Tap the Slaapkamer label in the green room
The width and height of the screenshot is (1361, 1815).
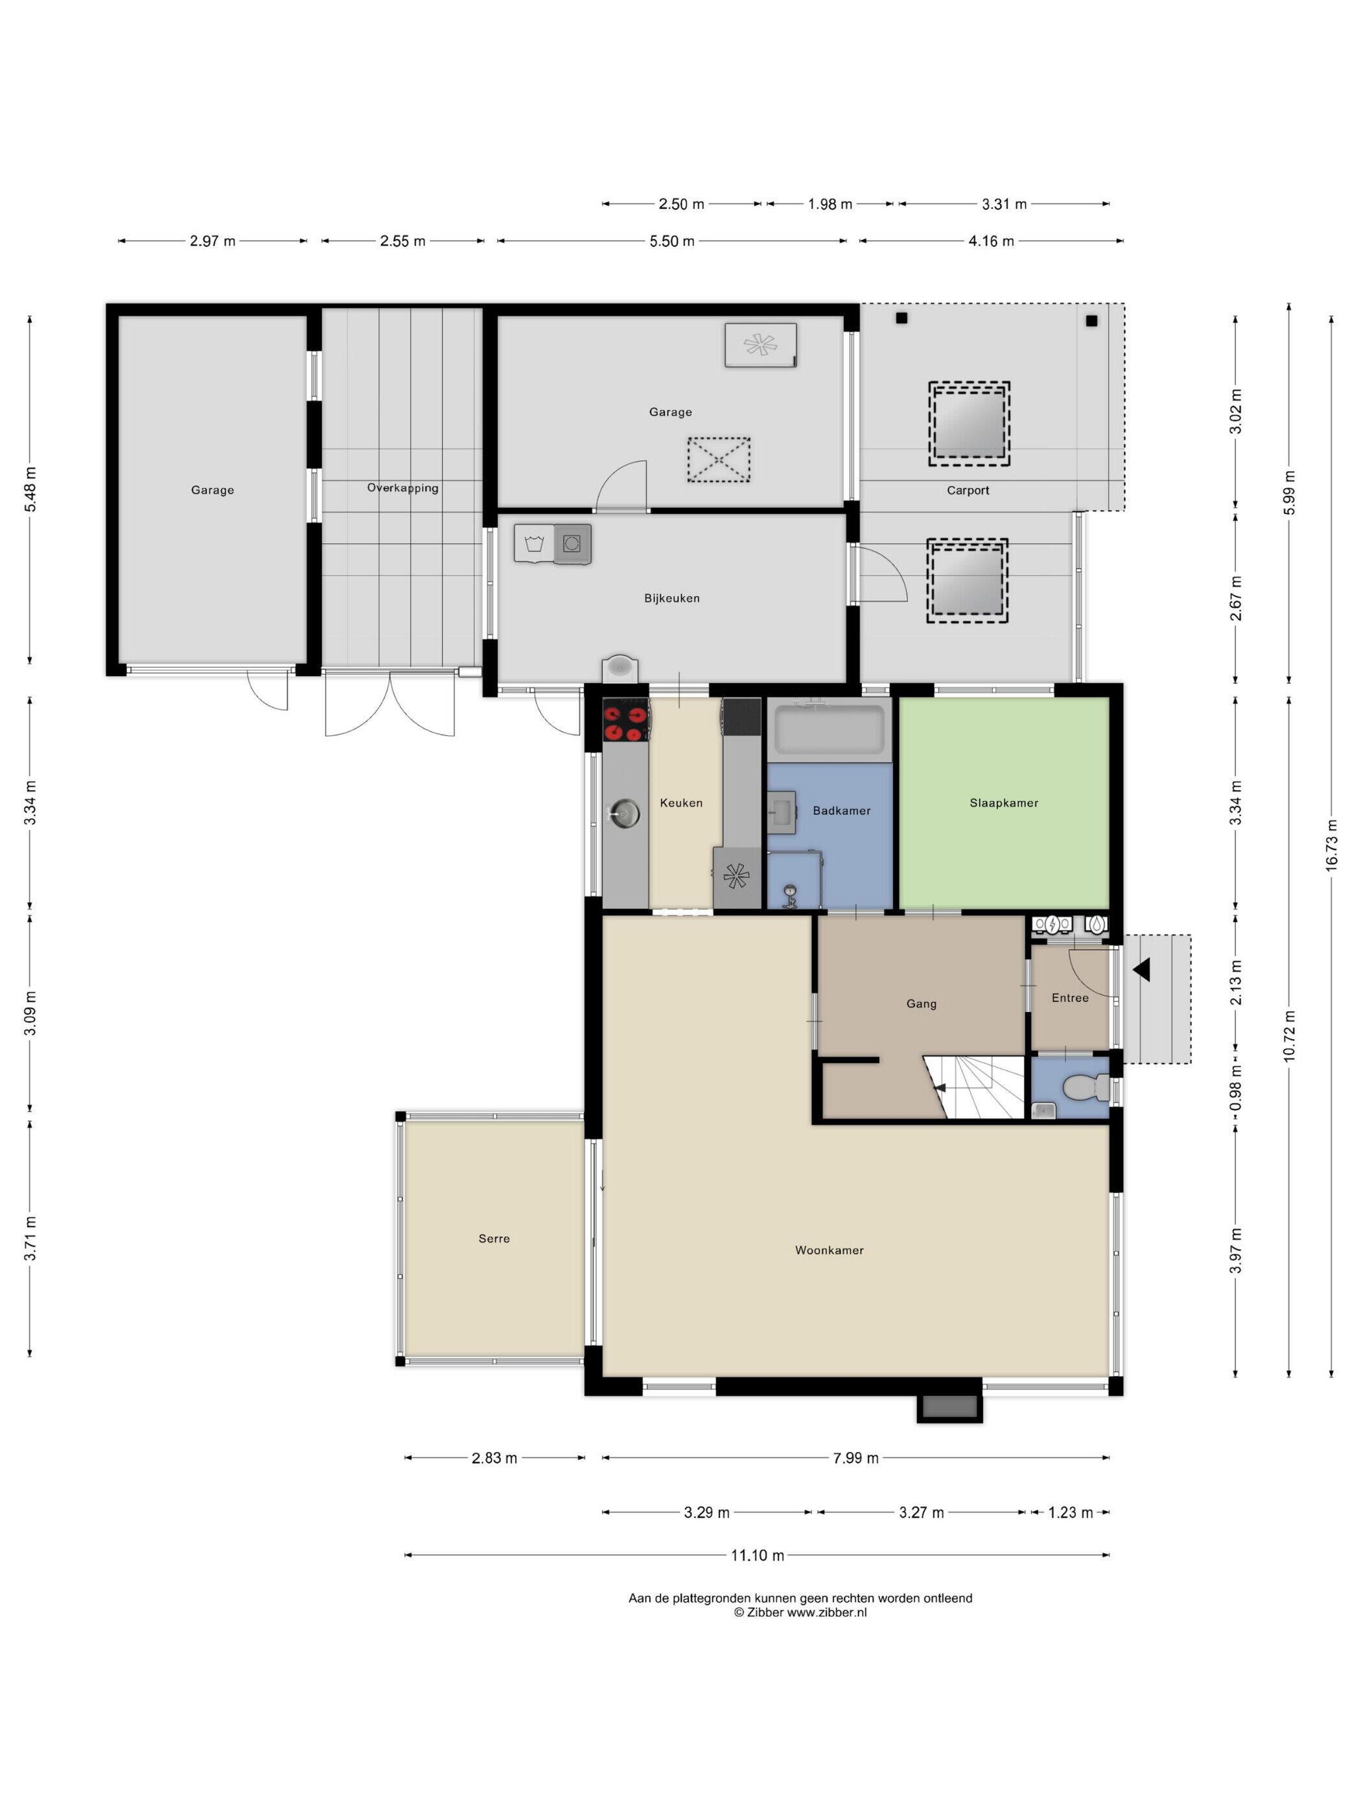pyautogui.click(x=1003, y=802)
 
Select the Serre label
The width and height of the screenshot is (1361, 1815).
pyautogui.click(x=494, y=1238)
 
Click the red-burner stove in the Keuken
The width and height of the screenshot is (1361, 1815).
pyautogui.click(x=626, y=720)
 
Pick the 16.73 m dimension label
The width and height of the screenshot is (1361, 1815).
pyautogui.click(x=1331, y=845)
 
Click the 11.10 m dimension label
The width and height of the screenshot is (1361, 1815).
pyautogui.click(x=756, y=1555)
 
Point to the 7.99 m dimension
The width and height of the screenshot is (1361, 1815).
pyautogui.click(x=855, y=1458)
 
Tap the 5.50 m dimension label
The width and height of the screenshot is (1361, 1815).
pyautogui.click(x=672, y=241)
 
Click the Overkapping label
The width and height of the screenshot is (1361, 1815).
pyautogui.click(x=403, y=487)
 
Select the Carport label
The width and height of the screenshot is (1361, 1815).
pyautogui.click(x=968, y=490)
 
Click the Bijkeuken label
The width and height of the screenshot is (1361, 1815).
pyautogui.click(x=672, y=598)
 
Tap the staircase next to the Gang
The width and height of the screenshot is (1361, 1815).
pyautogui.click(x=976, y=1087)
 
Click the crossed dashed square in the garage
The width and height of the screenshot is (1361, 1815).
pyautogui.click(x=719, y=460)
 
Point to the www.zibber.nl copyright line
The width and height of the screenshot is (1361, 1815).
pyautogui.click(x=800, y=1611)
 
